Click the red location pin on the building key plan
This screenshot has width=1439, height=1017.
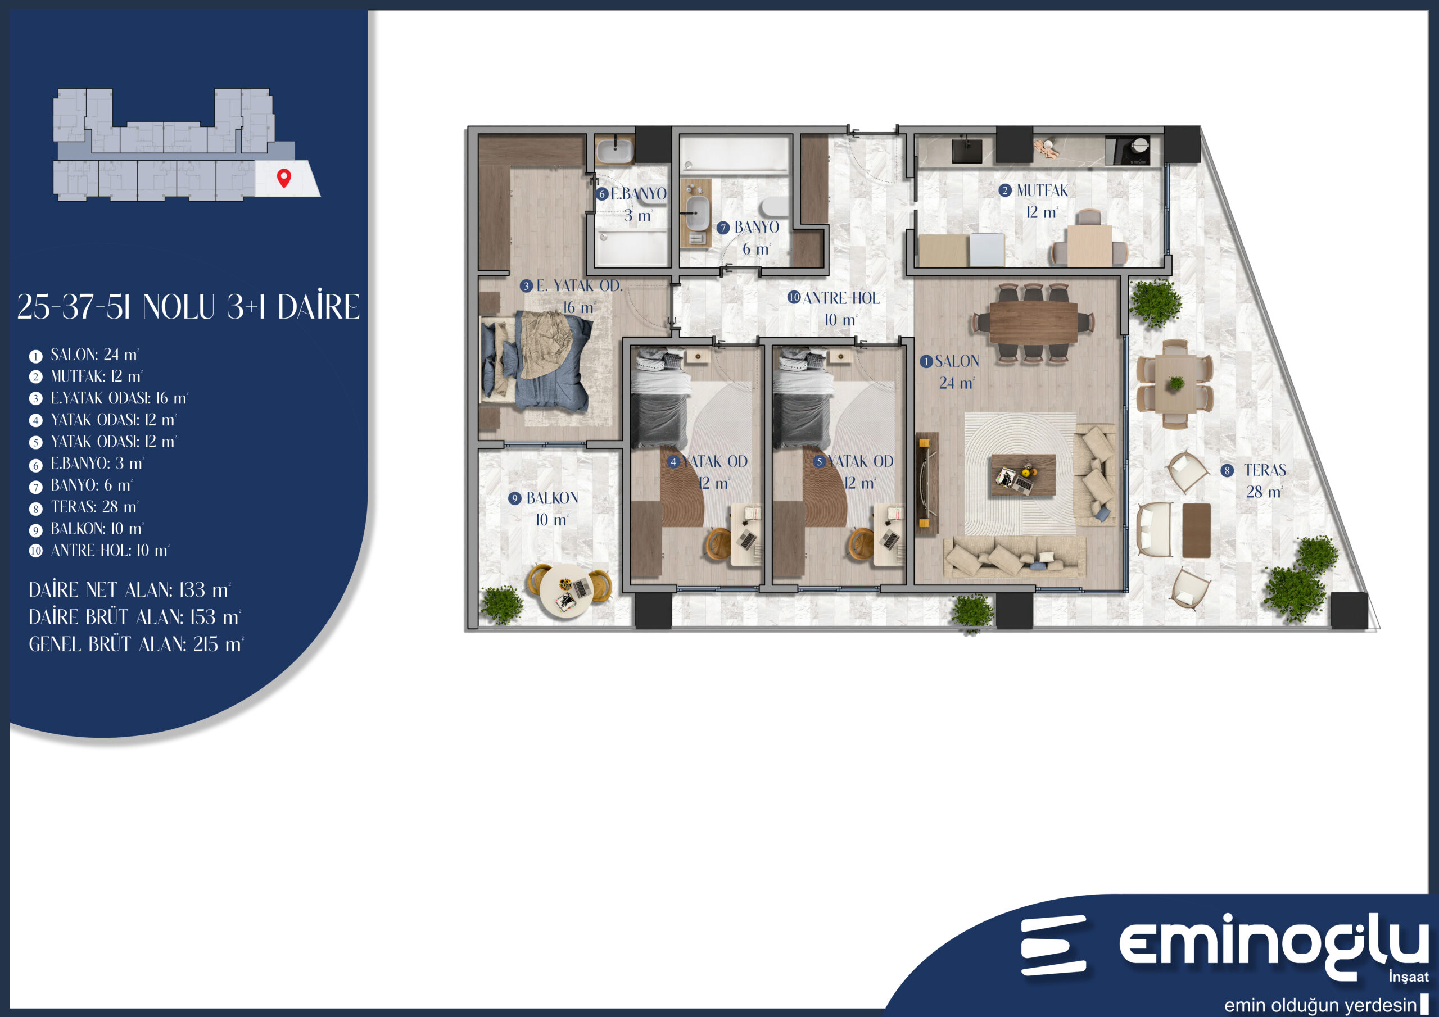click(284, 178)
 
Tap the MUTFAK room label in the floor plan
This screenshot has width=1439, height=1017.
click(1042, 190)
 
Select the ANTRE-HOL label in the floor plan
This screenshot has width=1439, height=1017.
click(840, 298)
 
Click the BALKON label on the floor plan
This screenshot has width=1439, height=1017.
click(552, 498)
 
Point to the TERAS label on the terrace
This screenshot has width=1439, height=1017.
click(1265, 470)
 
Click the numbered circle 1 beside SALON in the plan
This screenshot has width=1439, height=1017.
click(926, 361)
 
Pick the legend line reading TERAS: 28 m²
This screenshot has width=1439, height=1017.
click(94, 506)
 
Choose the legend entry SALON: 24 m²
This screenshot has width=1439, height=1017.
click(94, 355)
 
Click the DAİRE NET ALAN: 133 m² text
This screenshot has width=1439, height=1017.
click(130, 589)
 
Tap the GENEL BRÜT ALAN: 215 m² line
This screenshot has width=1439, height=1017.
click(135, 644)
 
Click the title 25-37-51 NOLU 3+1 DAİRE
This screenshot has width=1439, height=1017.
click(188, 306)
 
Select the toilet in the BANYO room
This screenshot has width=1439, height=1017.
click(775, 207)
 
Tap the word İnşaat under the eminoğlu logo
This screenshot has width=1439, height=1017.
click(1409, 977)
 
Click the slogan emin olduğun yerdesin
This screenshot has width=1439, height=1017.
click(1320, 1005)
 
